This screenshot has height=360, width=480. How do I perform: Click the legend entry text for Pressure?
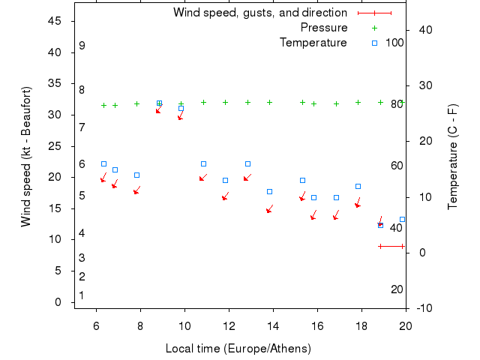(324, 28)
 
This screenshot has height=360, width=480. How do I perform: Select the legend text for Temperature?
(313, 43)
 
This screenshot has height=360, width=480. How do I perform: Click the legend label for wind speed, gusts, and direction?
(260, 13)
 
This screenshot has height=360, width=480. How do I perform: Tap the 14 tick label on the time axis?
(274, 325)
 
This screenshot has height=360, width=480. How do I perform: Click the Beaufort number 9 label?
(82, 46)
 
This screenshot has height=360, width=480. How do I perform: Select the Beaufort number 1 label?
(81, 295)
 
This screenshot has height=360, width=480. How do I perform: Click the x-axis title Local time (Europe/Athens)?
(238, 349)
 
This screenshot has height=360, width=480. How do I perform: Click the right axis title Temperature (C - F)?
(453, 156)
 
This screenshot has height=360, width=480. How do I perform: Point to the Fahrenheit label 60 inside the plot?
(397, 166)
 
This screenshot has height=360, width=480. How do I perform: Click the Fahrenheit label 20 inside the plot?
(397, 289)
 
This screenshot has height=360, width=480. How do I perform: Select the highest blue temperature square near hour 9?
(159, 103)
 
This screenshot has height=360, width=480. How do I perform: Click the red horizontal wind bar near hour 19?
(391, 246)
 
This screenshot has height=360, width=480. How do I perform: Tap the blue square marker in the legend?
(375, 43)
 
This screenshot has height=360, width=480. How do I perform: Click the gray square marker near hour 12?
(225, 180)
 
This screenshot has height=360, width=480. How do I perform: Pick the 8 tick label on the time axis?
(140, 325)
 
